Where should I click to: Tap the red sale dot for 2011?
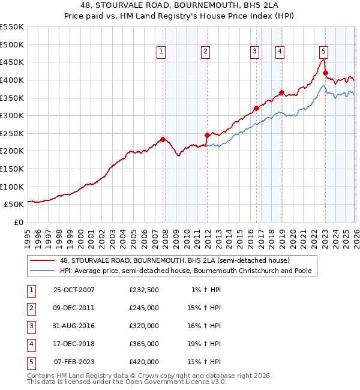(207, 135)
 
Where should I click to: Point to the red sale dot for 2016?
(256, 109)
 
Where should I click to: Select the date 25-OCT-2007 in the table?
(74, 290)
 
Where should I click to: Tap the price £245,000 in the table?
(143, 308)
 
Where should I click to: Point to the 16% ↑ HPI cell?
(206, 326)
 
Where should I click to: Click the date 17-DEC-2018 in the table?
(74, 344)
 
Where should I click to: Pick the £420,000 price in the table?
(143, 362)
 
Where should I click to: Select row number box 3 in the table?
(31, 326)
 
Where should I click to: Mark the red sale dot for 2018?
(281, 92)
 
